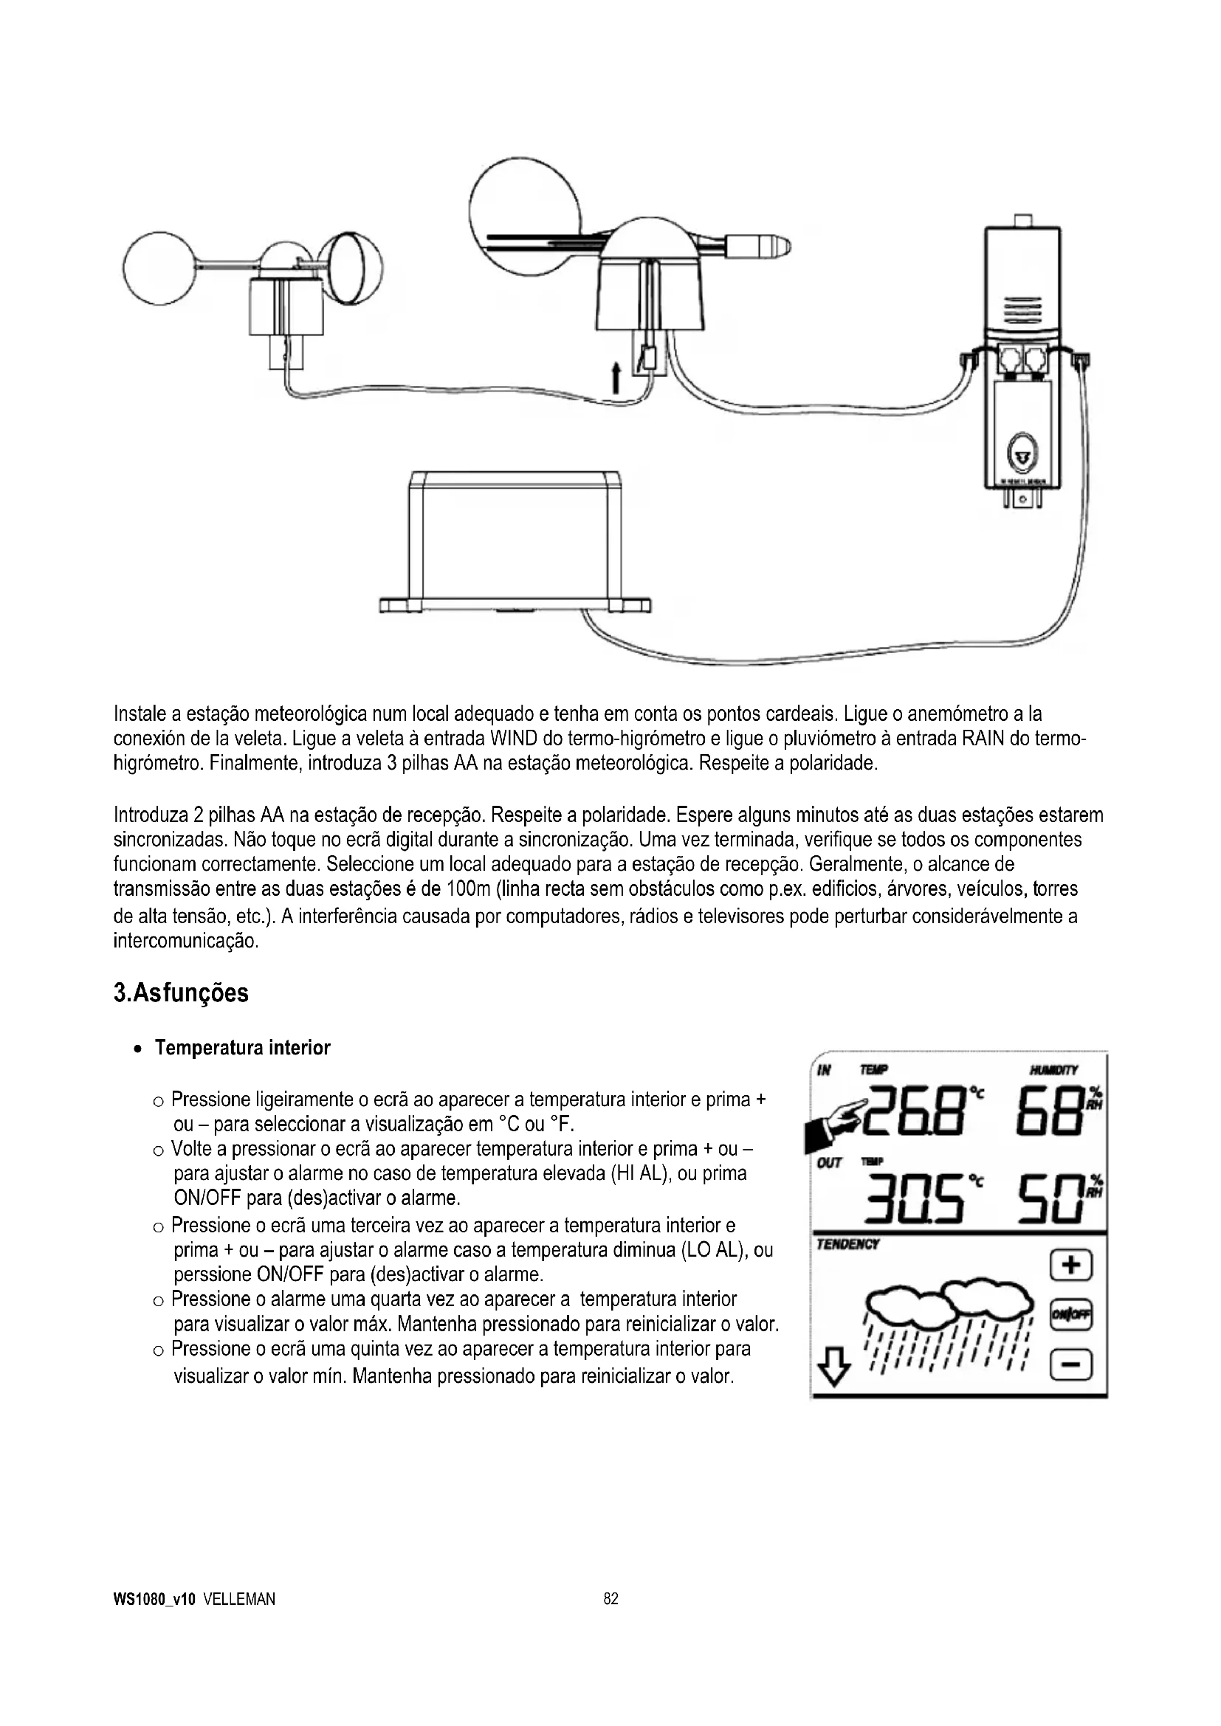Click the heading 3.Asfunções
[x=180, y=993]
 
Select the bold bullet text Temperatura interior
[x=242, y=1048]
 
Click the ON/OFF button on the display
[x=1070, y=1315]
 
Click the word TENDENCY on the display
[x=848, y=1245]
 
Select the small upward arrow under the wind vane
[x=615, y=377]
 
